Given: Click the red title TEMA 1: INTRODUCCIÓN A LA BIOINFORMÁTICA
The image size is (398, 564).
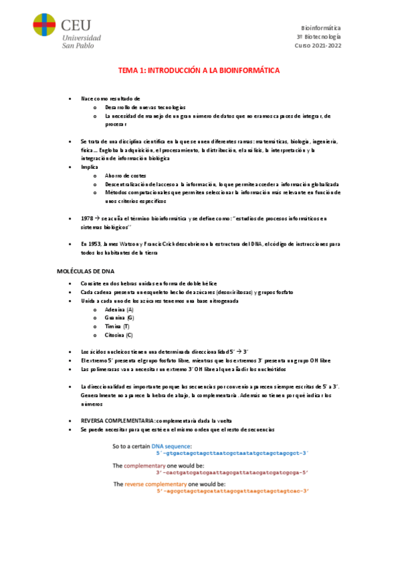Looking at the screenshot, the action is click(199, 70).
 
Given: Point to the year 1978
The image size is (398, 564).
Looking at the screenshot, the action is click(87, 219).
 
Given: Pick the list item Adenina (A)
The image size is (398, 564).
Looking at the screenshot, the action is click(120, 310).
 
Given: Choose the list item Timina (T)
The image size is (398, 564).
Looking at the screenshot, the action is click(118, 327).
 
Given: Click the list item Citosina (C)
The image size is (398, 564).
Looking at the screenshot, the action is click(120, 336).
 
